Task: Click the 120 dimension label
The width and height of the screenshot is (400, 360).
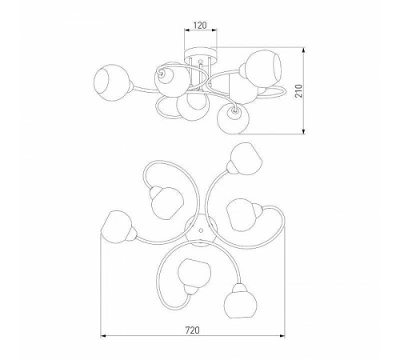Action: pyautogui.click(x=200, y=26)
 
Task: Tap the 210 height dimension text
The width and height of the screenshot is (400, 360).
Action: pyautogui.click(x=299, y=90)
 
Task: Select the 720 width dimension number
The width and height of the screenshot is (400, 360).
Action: pyautogui.click(x=192, y=330)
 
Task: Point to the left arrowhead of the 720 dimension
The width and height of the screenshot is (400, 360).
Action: pyautogui.click(x=103, y=336)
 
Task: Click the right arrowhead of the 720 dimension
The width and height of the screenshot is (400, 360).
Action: pyautogui.click(x=282, y=336)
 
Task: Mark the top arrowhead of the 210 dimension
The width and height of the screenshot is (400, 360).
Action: pyautogui.click(x=303, y=50)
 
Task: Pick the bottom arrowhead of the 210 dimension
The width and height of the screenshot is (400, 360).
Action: pyautogui.click(x=303, y=130)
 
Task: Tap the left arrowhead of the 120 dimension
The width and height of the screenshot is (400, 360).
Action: pyautogui.click(x=187, y=30)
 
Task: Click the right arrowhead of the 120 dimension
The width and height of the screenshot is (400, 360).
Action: pyautogui.click(x=214, y=30)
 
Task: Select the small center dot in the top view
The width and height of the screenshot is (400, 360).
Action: pyautogui.click(x=201, y=230)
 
